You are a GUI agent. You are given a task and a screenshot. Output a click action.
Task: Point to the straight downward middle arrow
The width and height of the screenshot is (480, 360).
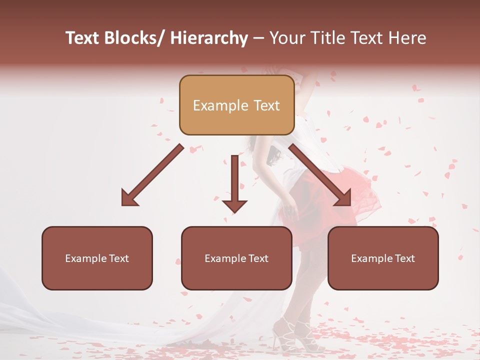coord(234,185)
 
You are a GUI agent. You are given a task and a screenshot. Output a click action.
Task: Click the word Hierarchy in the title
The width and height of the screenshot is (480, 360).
coord(209,38)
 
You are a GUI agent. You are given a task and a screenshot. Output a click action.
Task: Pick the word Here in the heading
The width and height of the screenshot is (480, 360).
coord(408,38)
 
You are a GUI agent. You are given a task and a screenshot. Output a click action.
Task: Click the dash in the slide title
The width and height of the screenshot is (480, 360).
coord(258,38)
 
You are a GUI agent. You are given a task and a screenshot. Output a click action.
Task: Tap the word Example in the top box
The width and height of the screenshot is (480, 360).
coord(220,105)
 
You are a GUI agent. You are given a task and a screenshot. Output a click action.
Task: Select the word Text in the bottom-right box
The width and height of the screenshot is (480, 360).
coord(404,258)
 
